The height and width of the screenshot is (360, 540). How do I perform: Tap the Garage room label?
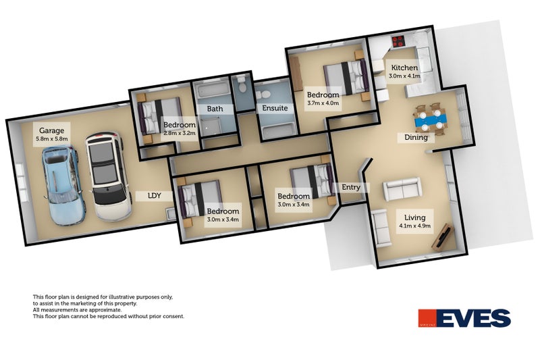tap(51, 130)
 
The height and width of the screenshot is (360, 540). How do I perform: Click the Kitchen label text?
tap(404, 68)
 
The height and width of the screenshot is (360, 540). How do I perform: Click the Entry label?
tap(352, 187)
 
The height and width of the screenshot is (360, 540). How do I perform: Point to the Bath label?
tap(215, 108)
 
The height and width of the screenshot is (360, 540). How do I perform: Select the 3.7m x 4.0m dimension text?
tap(323, 104)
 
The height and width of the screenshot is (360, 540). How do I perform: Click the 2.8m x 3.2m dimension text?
tap(180, 133)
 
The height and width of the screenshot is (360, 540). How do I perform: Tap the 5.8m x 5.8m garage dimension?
tap(52, 139)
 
